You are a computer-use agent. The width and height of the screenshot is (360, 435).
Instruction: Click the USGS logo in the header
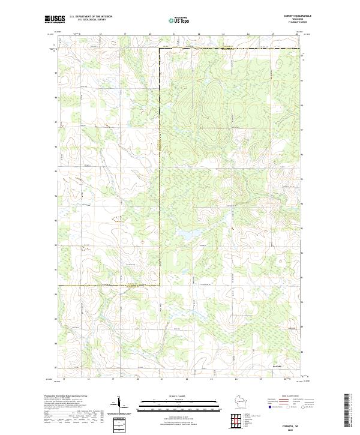[55, 20]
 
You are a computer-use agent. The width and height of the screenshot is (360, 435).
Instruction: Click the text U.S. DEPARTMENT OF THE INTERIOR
[91, 17]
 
